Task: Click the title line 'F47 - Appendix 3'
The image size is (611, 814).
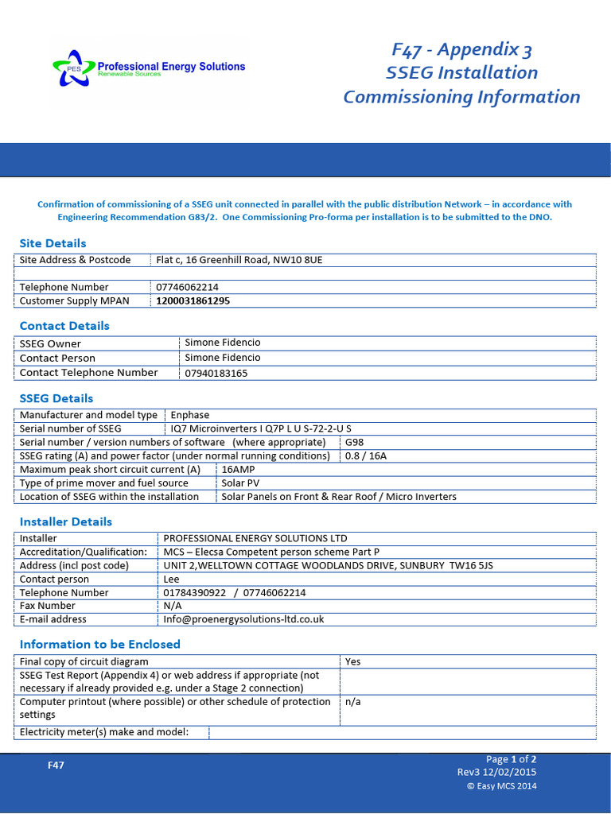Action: [x=461, y=50]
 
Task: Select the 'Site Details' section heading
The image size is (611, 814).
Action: [x=53, y=243]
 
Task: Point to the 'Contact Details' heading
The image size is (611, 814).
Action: [x=64, y=326]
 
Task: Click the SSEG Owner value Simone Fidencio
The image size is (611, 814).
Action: [x=222, y=343]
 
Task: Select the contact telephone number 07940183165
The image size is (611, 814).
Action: [x=216, y=373]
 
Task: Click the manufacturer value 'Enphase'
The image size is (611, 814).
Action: [x=189, y=415]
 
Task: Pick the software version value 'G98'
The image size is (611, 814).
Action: [x=354, y=442]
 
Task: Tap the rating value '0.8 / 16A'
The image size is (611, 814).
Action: [x=366, y=455]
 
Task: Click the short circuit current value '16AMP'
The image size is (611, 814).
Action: [x=238, y=469]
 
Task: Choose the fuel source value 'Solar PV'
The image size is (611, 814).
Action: [x=240, y=483]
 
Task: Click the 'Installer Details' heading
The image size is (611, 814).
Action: [x=66, y=521]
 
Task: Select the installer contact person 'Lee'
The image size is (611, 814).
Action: [x=171, y=579]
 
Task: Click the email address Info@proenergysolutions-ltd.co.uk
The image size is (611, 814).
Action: [x=243, y=619]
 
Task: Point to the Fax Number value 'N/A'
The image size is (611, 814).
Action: [x=173, y=606]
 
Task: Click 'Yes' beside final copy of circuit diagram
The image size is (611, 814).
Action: [x=352, y=661]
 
